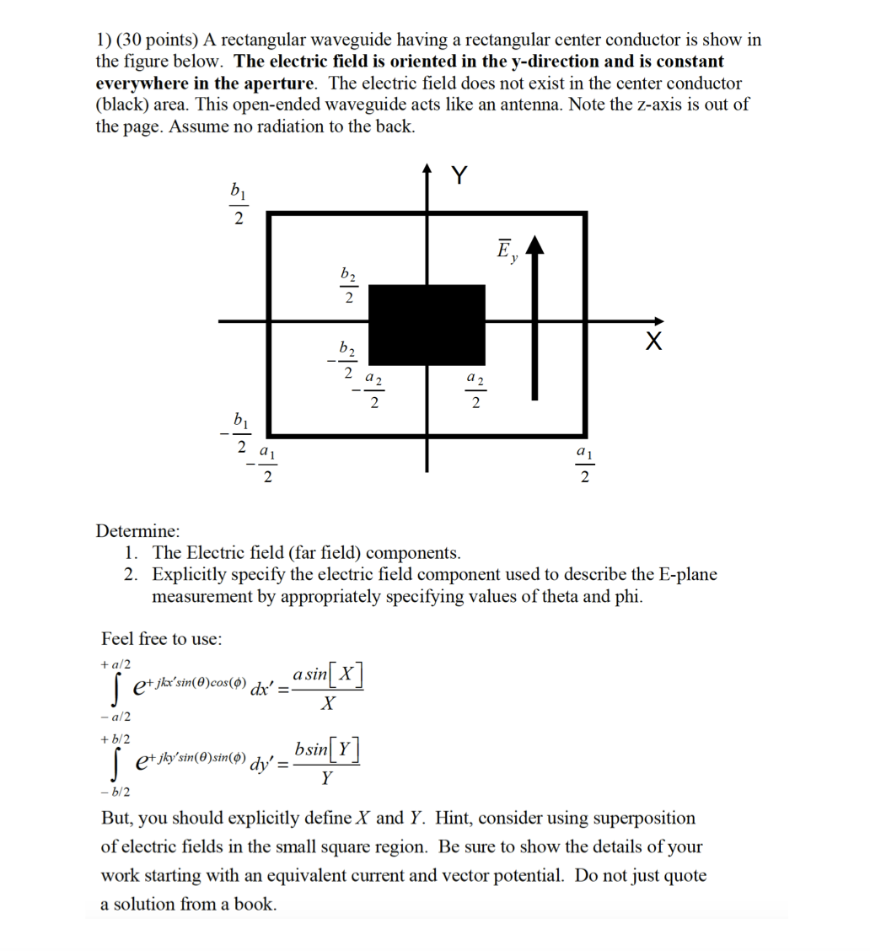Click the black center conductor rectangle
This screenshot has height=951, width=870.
point(427,325)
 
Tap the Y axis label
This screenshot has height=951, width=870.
point(459,175)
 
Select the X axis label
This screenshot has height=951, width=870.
point(653,341)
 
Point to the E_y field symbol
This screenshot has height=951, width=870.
point(506,251)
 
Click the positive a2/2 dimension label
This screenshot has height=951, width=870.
point(475,393)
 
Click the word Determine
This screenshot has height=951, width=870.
point(137,531)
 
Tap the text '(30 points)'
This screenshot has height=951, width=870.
point(156,40)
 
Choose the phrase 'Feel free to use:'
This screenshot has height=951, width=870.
point(162,638)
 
